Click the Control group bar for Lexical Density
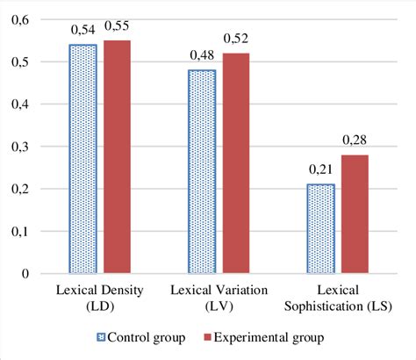click(x=83, y=159)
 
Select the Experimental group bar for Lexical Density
click(x=118, y=157)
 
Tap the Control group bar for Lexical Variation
click(x=200, y=171)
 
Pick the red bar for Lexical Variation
click(x=235, y=163)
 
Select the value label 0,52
click(x=236, y=39)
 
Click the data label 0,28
click(x=353, y=140)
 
